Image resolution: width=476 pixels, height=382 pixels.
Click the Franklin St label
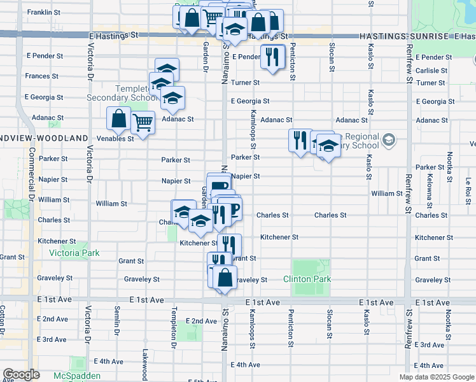[44, 12]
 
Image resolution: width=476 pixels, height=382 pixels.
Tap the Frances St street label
[42, 76]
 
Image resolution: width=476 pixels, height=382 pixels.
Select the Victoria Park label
[74, 253]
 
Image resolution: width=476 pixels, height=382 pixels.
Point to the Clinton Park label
[307, 279]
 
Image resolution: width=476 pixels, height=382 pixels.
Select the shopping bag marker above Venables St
[119, 118]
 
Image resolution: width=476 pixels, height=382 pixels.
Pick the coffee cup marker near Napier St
[219, 185]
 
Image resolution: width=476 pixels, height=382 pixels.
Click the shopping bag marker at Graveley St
[225, 278]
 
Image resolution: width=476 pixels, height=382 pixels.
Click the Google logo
[22, 375]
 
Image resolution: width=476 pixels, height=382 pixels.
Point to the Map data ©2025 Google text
[436, 377]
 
